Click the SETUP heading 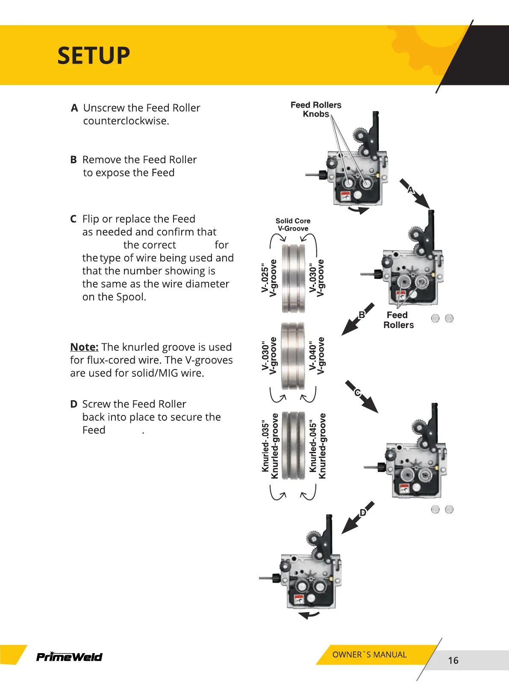coord(94,56)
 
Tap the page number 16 coord(453,660)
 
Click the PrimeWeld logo coord(69,657)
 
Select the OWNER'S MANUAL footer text coord(369,654)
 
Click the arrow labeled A coord(415,194)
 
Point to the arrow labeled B coord(357,320)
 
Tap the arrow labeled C coord(362,396)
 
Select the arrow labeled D coord(358,517)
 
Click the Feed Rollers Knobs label coord(316,109)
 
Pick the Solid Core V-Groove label coord(293,225)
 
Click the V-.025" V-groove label coord(269,278)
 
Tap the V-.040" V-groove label coord(317,356)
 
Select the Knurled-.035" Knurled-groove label coord(270,446)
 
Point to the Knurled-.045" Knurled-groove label coord(318,446)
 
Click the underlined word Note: coord(84,347)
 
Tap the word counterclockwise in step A coord(126,121)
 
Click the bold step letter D coord(74,404)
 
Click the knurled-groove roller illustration coord(294,446)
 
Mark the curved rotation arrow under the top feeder coord(358,210)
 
